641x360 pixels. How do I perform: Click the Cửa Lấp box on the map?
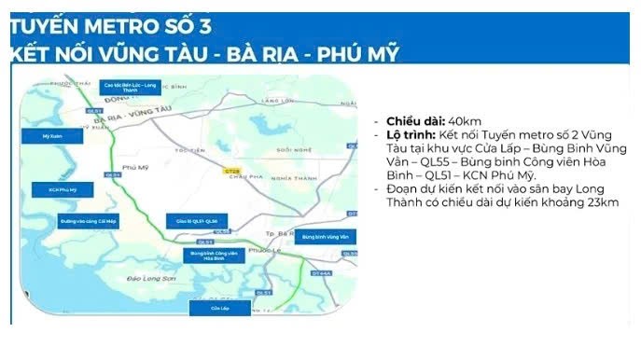220,307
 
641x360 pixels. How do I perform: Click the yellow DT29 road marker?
231,169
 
